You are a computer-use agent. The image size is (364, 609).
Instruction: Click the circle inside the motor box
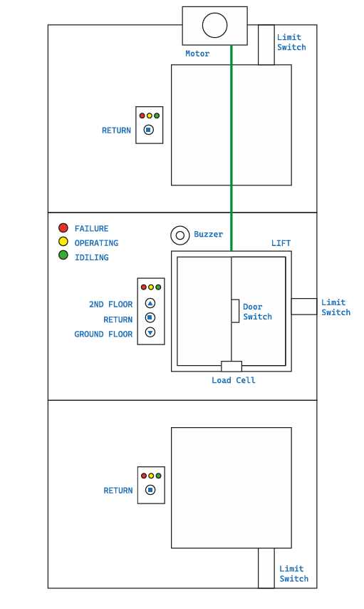pos(214,26)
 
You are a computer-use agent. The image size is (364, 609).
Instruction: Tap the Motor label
pos(197,53)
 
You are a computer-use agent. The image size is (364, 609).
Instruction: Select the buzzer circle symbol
pos(180,235)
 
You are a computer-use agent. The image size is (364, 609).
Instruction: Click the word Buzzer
pos(208,234)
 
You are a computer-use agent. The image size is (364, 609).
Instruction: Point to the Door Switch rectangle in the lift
pos(235,311)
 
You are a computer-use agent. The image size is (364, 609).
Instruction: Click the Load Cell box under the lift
pos(232,367)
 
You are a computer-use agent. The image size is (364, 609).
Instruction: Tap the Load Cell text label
pos(233,381)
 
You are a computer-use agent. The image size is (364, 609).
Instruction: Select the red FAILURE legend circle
pos(63,228)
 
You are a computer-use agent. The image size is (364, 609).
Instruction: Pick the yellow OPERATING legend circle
pos(63,242)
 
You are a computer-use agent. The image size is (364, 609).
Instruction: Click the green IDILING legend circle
pos(63,255)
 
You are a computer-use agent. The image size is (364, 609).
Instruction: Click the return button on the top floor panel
pos(148,130)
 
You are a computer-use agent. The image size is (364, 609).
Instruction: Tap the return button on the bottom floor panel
pos(150,490)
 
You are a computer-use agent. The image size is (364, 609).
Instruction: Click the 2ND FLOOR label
pos(110,304)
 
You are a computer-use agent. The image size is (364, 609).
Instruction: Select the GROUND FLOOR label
pos(103,334)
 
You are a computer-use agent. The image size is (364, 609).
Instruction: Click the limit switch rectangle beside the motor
pos(266,45)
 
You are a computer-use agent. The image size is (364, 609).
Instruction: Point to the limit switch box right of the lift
pos(304,307)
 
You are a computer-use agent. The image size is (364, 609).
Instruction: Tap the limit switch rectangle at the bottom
pos(266,568)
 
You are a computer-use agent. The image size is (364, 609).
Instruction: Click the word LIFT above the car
pos(281,243)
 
